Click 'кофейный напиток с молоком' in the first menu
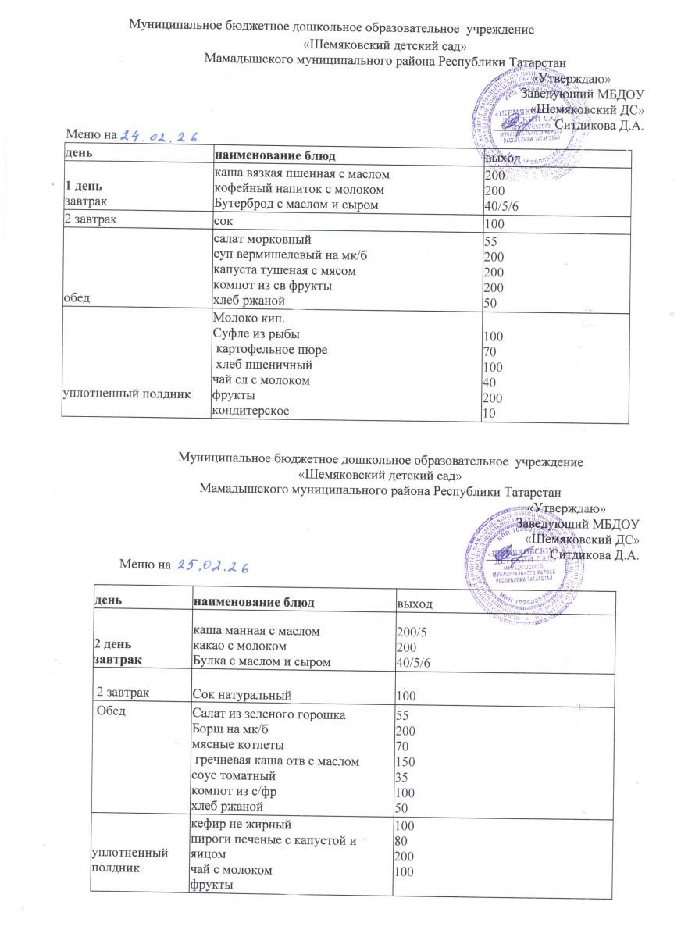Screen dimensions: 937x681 287,189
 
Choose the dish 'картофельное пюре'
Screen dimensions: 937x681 271,350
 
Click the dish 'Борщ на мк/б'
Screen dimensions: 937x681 223,729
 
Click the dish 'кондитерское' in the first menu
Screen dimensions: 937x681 249,411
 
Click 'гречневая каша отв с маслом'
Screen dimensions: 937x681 276,760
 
